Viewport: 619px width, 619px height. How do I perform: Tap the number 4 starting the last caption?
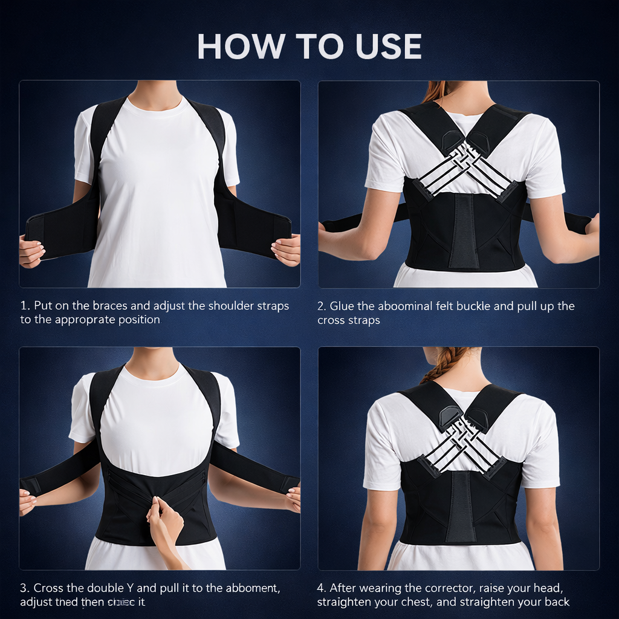click(x=321, y=588)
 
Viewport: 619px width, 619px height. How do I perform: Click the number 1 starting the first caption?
click(x=24, y=306)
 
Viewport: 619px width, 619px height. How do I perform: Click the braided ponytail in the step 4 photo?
click(x=443, y=364)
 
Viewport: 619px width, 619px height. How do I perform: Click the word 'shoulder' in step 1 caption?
click(x=232, y=306)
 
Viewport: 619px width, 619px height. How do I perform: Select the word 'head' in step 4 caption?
click(x=554, y=588)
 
